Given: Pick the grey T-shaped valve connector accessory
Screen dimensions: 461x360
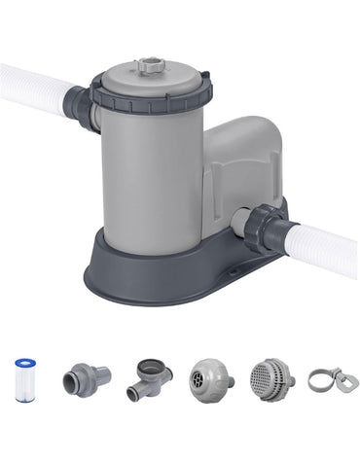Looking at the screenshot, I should (x=149, y=378).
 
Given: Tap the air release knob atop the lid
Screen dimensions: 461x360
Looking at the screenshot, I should (x=152, y=66).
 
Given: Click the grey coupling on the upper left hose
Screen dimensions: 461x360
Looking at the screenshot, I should (x=80, y=104).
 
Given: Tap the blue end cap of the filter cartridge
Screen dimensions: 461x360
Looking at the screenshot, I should (x=26, y=362).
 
